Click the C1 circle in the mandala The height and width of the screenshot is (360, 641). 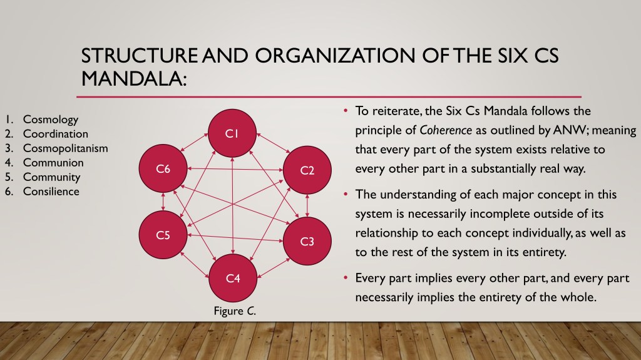(x=232, y=133)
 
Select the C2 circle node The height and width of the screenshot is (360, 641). (x=307, y=170)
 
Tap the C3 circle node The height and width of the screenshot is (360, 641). (x=307, y=241)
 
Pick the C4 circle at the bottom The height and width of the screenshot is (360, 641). (x=233, y=278)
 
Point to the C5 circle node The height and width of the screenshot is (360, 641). (x=163, y=235)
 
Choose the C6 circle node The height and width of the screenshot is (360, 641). (x=163, y=168)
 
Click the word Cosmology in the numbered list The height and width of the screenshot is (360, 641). (x=51, y=120)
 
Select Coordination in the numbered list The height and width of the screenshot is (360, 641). (x=56, y=134)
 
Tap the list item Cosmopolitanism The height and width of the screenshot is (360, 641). (x=65, y=148)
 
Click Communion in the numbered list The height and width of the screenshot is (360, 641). (x=53, y=162)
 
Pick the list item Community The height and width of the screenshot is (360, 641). (x=51, y=177)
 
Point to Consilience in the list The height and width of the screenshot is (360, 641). (x=51, y=192)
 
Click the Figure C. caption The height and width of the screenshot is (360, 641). (x=235, y=311)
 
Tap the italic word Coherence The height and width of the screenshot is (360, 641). (x=446, y=130)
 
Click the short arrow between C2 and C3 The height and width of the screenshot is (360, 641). (x=307, y=205)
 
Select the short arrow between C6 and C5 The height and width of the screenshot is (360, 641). (x=163, y=202)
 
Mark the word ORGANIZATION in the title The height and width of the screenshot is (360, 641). (x=336, y=56)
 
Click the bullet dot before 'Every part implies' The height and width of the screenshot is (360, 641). (x=346, y=278)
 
